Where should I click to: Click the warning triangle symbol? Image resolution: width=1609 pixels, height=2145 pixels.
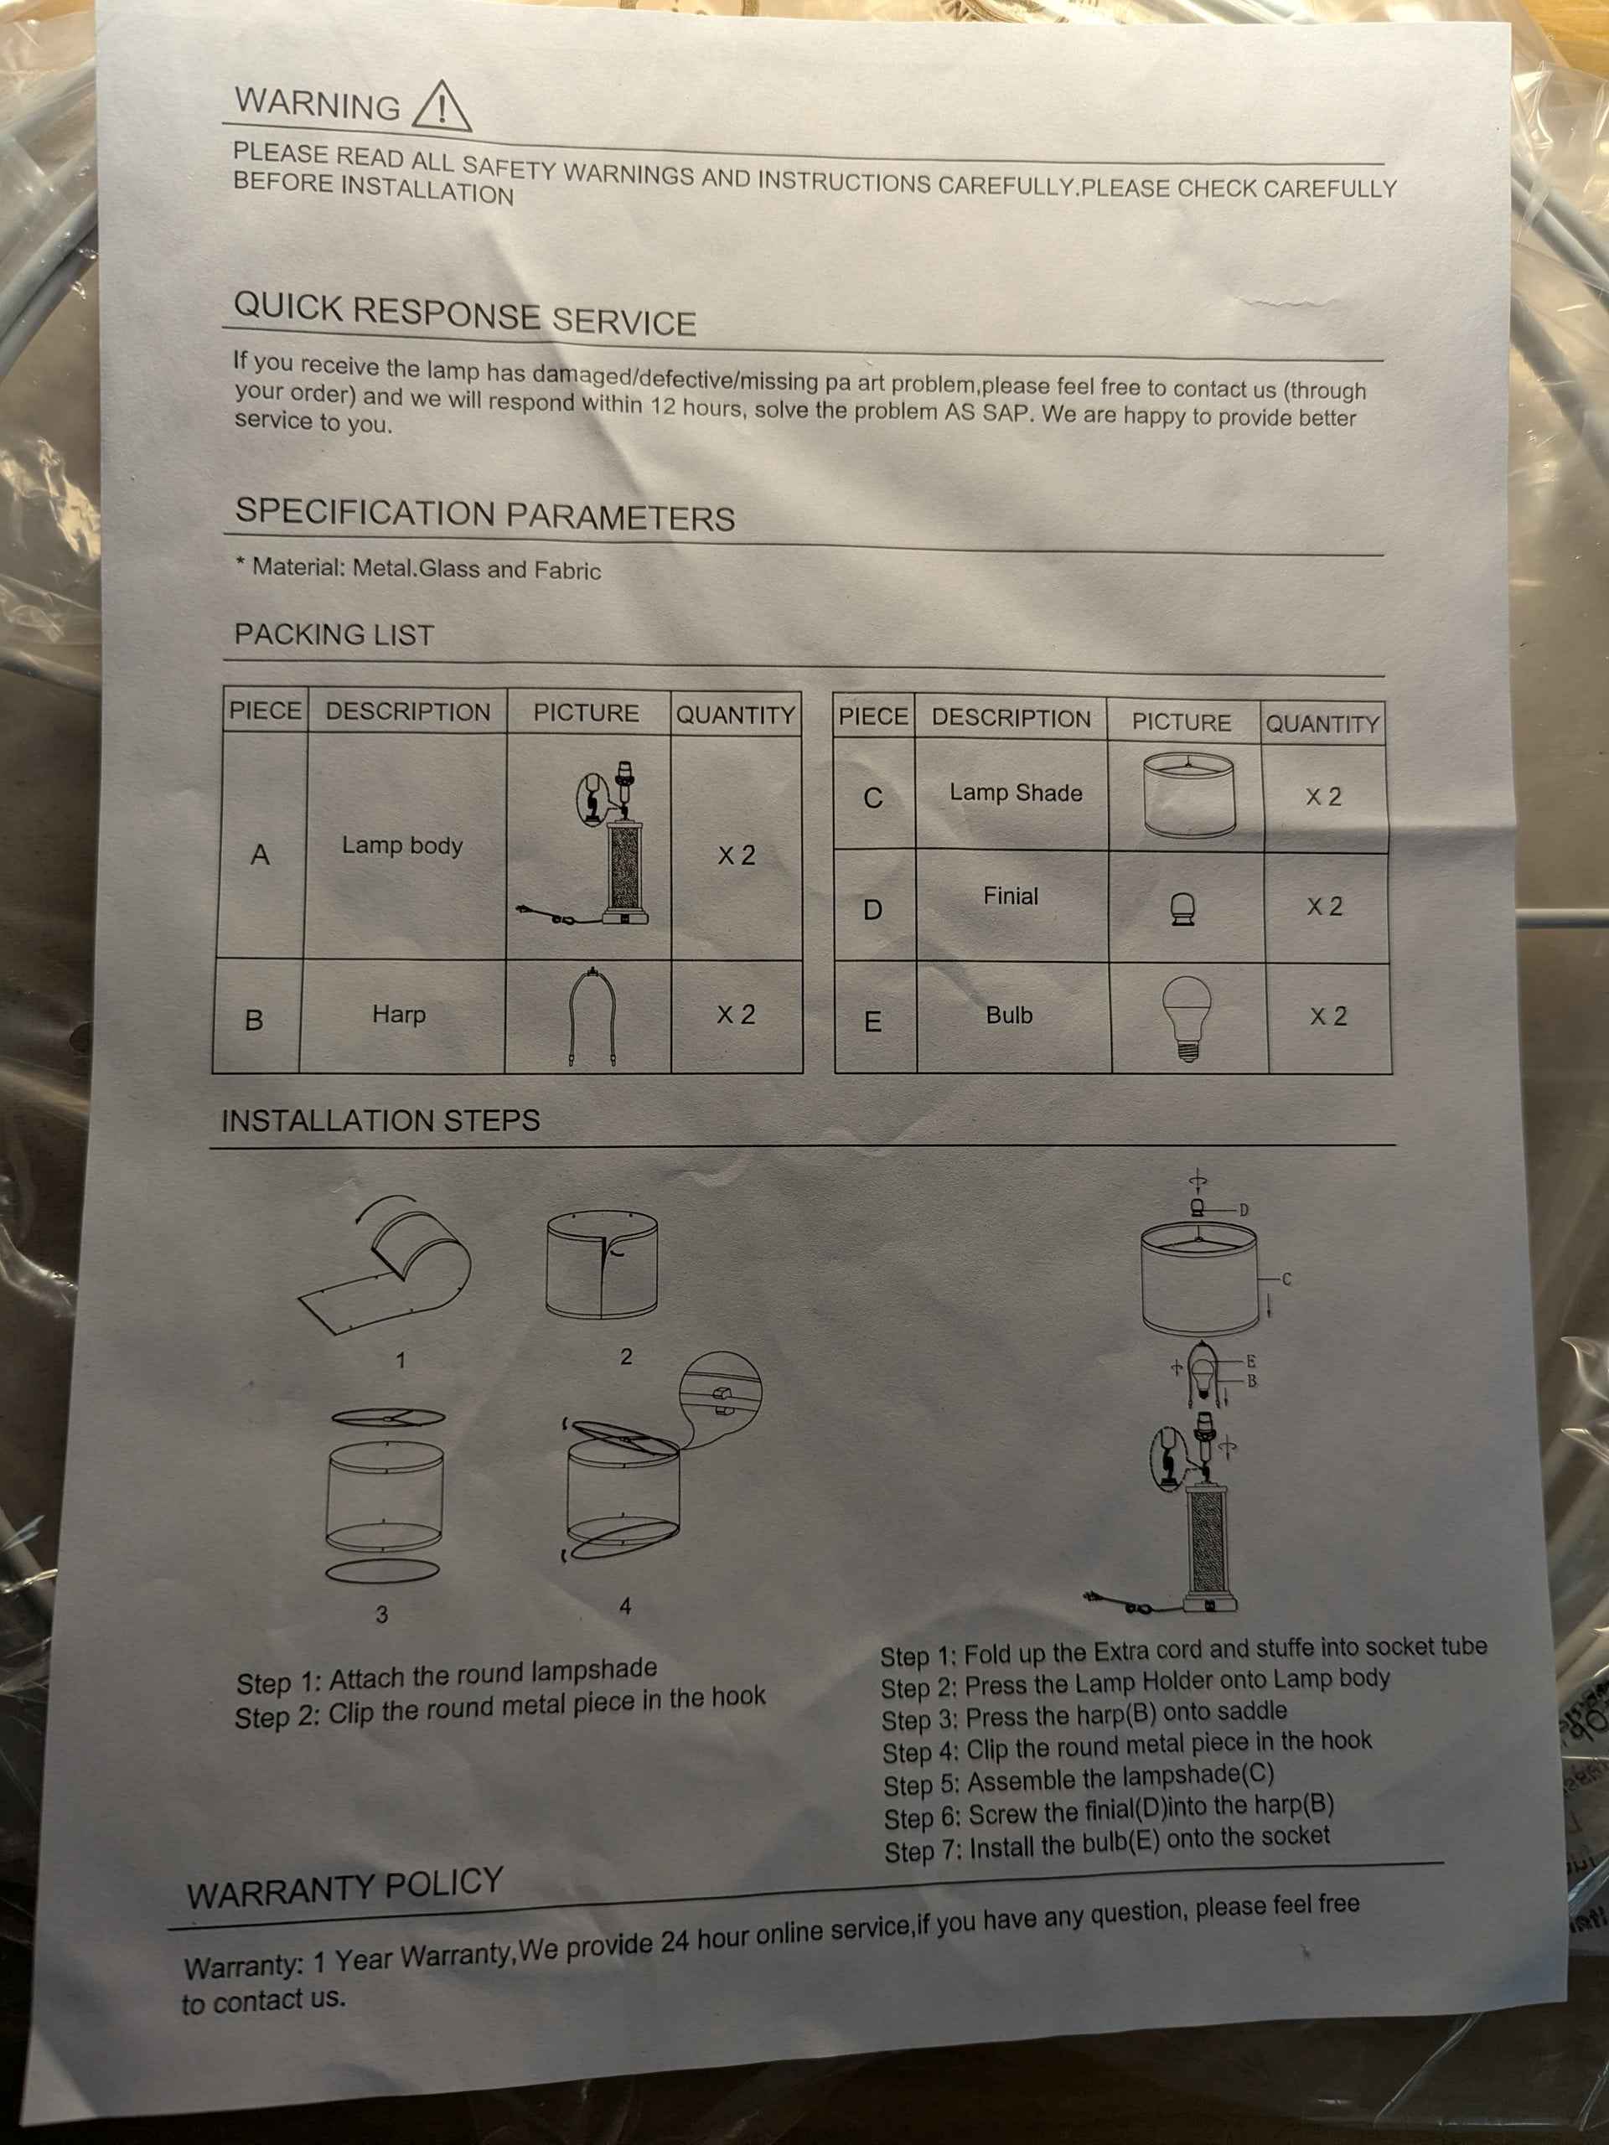click(x=442, y=106)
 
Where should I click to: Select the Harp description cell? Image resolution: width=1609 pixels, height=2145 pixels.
click(x=401, y=1016)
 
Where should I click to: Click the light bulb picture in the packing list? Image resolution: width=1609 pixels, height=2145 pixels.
click(x=1187, y=1018)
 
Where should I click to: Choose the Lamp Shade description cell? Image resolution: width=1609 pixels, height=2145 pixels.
click(x=1015, y=793)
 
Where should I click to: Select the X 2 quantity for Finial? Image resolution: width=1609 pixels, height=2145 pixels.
click(x=1325, y=907)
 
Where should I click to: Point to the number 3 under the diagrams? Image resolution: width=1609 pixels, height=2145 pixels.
click(x=381, y=1615)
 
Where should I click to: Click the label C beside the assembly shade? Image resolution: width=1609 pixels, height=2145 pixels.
click(x=1287, y=1279)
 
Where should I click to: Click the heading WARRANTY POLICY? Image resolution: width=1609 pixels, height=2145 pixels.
click(x=345, y=1886)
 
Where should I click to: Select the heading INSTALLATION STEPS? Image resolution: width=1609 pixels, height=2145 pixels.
click(x=380, y=1120)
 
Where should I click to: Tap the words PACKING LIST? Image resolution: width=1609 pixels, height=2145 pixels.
click(x=334, y=634)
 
